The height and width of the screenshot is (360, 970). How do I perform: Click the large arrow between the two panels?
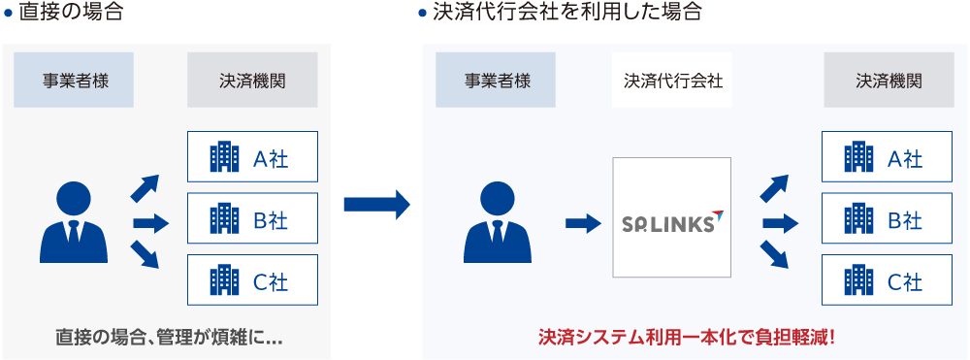coord(376,205)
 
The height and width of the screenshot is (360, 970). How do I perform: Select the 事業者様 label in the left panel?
coord(75,80)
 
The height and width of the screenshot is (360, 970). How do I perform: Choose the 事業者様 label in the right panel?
coord(497,80)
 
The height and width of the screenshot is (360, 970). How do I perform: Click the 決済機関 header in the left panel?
coord(252,80)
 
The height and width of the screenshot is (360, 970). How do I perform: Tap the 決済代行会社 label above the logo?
coord(672,80)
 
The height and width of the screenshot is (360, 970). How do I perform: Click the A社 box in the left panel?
coord(252,157)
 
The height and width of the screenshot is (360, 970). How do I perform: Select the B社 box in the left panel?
coord(252,219)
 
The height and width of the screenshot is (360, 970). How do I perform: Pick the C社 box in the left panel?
coord(252,281)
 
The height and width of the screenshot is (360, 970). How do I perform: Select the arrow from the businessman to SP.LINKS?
coord(582,223)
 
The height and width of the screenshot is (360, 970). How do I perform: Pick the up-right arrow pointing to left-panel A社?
coord(145,187)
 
